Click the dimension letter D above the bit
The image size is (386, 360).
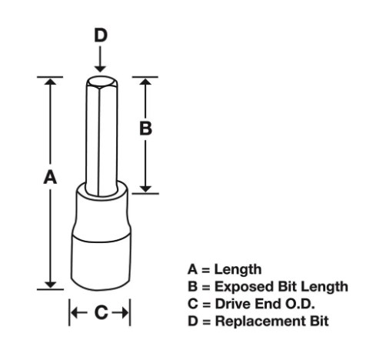pyautogui.click(x=101, y=35)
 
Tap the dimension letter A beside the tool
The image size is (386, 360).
pyautogui.click(x=50, y=177)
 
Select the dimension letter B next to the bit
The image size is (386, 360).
pyautogui.click(x=145, y=128)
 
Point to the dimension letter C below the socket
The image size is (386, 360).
pyautogui.click(x=101, y=312)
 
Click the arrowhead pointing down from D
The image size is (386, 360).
pyautogui.click(x=100, y=69)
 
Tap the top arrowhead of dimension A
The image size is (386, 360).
pyautogui.click(x=50, y=82)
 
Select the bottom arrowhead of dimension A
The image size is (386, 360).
pyautogui.click(x=50, y=285)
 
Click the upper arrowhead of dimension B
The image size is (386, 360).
pyautogui.click(x=145, y=82)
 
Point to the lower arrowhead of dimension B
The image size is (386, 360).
pyautogui.click(x=145, y=188)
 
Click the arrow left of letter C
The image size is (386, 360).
pyautogui.click(x=79, y=312)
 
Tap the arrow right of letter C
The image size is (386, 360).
pyautogui.click(x=121, y=312)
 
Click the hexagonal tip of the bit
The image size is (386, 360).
pyautogui.click(x=101, y=82)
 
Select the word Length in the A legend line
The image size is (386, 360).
pyautogui.click(x=238, y=270)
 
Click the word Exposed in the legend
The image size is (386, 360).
pyautogui.click(x=245, y=287)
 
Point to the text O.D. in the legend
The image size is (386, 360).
pyautogui.click(x=300, y=304)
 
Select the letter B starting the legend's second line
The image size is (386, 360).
pyautogui.click(x=192, y=287)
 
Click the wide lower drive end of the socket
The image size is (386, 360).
pyautogui.click(x=101, y=264)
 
